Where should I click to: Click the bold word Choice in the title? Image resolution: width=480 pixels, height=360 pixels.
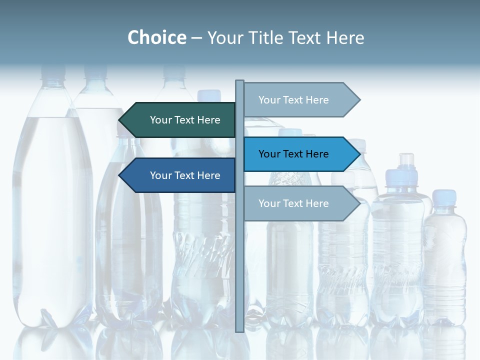pyautogui.click(x=156, y=37)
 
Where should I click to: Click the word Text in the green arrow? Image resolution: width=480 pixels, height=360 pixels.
pyautogui.click(x=184, y=120)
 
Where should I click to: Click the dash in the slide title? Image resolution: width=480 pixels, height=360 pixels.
pyautogui.click(x=196, y=38)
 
